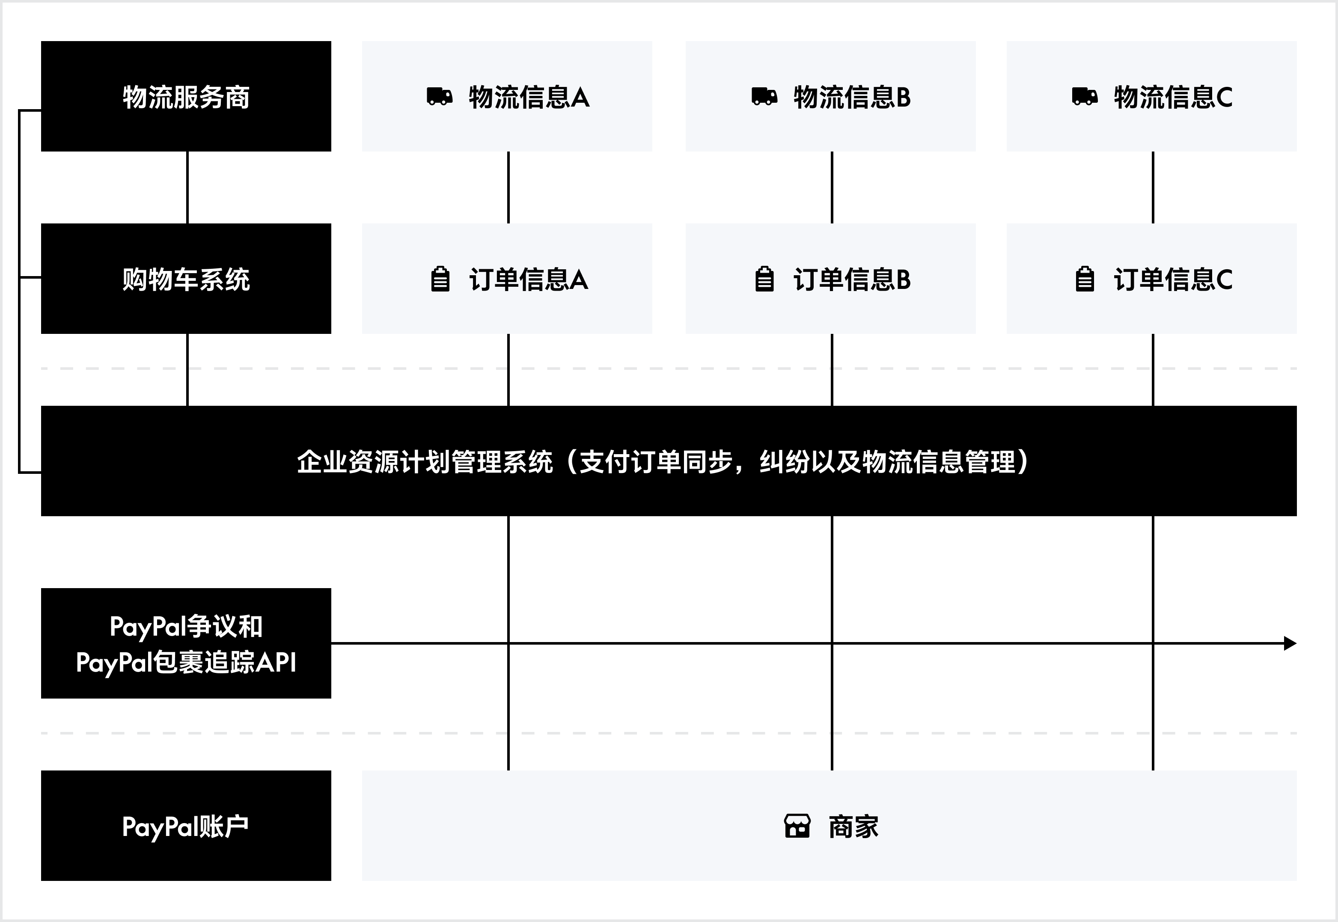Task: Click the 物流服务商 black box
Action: coord(186,96)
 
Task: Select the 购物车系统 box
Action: coord(186,279)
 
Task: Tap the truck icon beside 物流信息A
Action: coord(439,96)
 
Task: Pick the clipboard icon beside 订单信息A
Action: coord(440,279)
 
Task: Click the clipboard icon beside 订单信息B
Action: coord(764,279)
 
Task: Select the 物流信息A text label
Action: coord(529,97)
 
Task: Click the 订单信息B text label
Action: coord(852,280)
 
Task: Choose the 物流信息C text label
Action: coord(1173,97)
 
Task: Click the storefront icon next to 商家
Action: coord(797,826)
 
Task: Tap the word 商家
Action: coord(853,827)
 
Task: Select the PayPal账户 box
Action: coord(186,826)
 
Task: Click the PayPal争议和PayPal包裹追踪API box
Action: coord(186,643)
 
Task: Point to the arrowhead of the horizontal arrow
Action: coord(1290,643)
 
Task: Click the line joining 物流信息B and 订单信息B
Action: coord(832,187)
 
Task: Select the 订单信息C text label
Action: coord(1173,280)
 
